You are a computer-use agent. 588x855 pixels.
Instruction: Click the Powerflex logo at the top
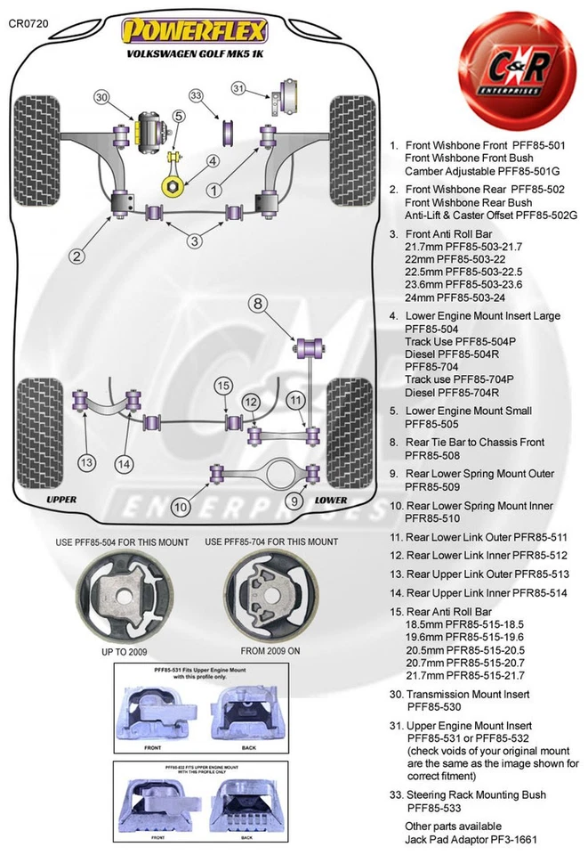point(193,32)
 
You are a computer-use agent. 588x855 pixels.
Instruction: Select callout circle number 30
point(101,97)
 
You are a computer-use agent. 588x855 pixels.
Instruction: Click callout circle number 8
point(257,304)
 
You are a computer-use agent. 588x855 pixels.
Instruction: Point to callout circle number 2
point(77,256)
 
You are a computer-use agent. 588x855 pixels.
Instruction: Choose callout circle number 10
point(181,507)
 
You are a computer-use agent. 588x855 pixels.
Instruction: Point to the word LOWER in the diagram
point(331,500)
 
